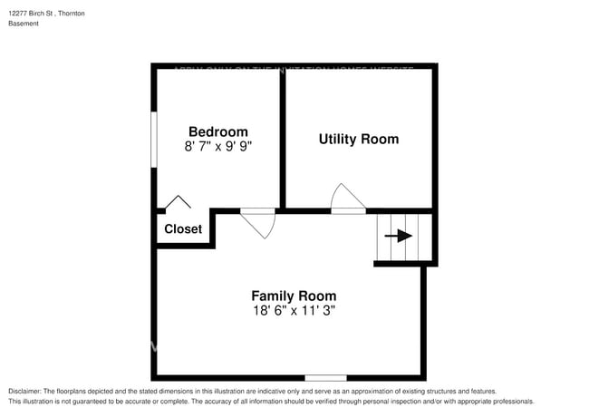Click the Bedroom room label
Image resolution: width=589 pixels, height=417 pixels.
[217, 131]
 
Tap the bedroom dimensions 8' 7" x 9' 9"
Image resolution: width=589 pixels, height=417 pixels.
[217, 146]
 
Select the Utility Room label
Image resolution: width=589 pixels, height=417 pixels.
[358, 139]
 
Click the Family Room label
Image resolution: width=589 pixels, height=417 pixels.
[294, 296]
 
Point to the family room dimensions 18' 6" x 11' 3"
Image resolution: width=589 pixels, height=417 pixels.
[294, 310]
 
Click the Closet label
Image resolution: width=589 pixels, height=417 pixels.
[183, 229]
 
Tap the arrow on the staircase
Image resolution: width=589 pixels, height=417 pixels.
[398, 236]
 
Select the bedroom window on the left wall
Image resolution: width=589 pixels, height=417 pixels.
[154, 139]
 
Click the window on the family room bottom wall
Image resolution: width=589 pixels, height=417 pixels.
[325, 377]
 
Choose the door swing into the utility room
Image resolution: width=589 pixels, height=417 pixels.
[347, 199]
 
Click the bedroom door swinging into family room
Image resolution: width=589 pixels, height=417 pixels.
[259, 222]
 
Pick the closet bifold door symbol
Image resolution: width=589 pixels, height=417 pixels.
[178, 203]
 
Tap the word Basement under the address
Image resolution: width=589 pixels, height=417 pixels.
[24, 24]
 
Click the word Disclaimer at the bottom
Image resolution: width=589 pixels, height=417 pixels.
[24, 391]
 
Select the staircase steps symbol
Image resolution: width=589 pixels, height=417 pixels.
[404, 237]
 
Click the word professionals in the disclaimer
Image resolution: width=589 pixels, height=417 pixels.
[511, 401]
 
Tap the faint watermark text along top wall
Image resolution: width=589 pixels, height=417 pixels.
[294, 68]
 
